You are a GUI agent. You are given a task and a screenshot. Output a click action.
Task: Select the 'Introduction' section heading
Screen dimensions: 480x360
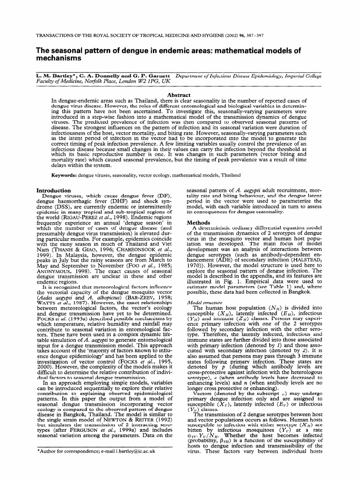[54, 191]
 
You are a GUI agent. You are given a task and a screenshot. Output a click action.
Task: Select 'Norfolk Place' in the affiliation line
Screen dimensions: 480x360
[100, 81]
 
